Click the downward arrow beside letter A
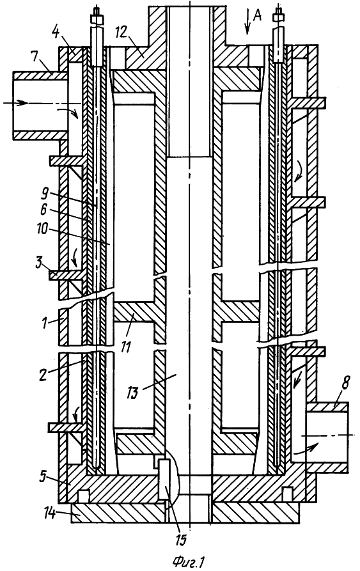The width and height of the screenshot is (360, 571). point(247,22)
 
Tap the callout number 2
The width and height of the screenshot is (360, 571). point(43,375)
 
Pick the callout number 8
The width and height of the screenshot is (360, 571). point(345,384)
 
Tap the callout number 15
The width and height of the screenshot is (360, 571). point(181,539)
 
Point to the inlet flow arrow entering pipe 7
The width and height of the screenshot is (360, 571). point(15,103)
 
